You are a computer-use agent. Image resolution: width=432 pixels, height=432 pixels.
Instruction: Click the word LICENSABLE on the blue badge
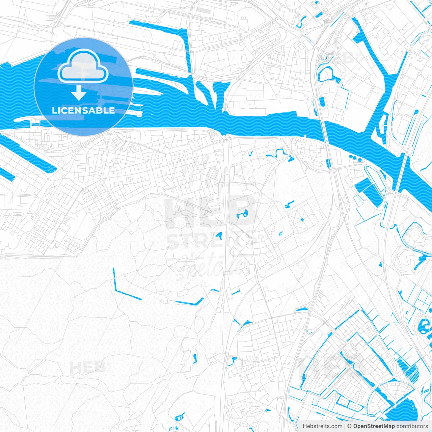[x=83, y=110]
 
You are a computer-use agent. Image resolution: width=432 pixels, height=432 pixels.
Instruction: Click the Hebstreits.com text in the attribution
[x=322, y=426]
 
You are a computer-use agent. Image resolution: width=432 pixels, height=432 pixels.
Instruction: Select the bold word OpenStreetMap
[x=374, y=426]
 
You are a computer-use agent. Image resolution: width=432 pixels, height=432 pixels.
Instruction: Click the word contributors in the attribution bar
[x=412, y=426]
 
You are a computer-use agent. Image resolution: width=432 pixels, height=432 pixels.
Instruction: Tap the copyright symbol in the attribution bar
[x=349, y=426]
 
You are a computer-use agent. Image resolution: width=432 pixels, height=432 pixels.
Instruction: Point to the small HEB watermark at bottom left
[x=88, y=367]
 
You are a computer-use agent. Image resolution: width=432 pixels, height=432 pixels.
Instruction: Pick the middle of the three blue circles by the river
[x=355, y=158]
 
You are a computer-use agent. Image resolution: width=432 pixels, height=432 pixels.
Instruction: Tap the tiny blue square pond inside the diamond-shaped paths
[x=302, y=219]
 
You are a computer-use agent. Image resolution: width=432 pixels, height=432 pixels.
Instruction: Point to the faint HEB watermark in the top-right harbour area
[x=342, y=57]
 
